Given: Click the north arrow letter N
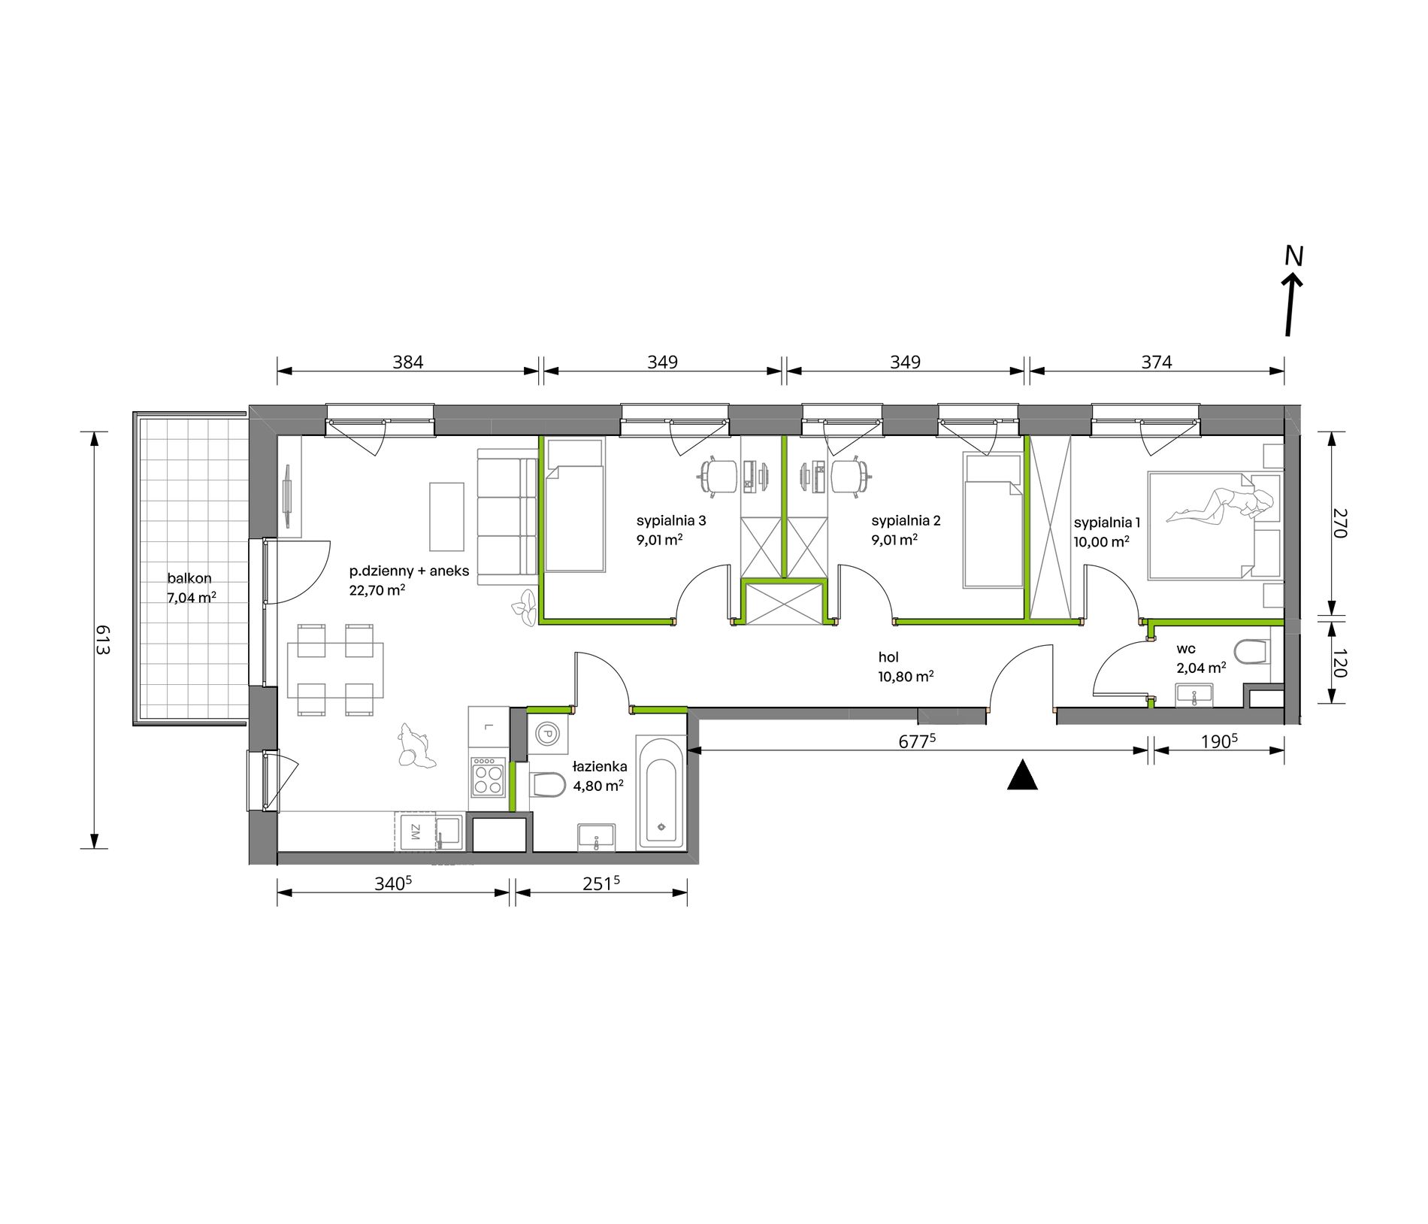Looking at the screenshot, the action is tap(1293, 256).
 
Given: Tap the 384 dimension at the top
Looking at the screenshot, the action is tap(408, 362).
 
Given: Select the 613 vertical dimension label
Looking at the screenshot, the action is tap(102, 640).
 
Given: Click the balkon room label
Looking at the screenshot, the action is tap(189, 578).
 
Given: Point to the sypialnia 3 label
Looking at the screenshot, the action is tap(671, 520).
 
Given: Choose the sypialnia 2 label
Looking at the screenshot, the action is tap(906, 520).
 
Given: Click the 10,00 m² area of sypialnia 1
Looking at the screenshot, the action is tap(1102, 541).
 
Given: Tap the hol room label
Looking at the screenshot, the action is tap(888, 657).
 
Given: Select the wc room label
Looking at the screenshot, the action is tap(1186, 649).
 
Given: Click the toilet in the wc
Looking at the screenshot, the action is tap(1251, 652).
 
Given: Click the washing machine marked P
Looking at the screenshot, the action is tap(547, 734).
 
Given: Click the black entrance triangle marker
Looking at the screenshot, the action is tap(1022, 775).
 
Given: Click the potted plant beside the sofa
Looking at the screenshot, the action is tap(525, 607).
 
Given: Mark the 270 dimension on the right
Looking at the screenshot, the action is tap(1339, 523).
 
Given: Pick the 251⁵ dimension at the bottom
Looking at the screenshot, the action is tap(601, 883).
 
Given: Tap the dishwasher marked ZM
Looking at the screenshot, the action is tap(414, 832).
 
